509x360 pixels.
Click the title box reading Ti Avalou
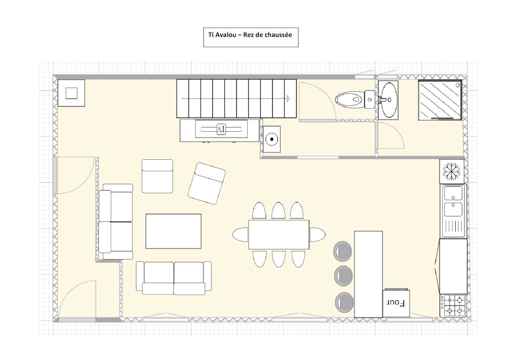click(x=251, y=37)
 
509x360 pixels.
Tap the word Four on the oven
click(x=396, y=303)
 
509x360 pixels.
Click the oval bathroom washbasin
click(x=388, y=99)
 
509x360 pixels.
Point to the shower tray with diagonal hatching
click(x=440, y=100)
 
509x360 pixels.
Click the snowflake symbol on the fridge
click(x=451, y=171)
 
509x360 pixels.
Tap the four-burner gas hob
click(x=453, y=306)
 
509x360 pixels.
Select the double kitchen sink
click(x=453, y=211)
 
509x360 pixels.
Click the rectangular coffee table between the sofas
click(x=173, y=231)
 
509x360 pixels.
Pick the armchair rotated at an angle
click(x=207, y=183)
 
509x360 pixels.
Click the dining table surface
click(x=279, y=234)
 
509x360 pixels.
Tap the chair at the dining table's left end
click(x=240, y=234)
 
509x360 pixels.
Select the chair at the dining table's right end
click(x=317, y=234)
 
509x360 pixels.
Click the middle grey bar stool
click(x=343, y=276)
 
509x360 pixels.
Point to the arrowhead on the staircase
click(x=288, y=99)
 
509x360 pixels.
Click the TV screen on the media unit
click(x=221, y=129)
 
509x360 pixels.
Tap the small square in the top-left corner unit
click(x=71, y=93)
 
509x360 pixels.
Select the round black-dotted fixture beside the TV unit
click(x=272, y=139)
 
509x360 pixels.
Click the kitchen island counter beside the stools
click(x=368, y=274)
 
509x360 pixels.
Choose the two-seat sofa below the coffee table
click(x=174, y=278)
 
